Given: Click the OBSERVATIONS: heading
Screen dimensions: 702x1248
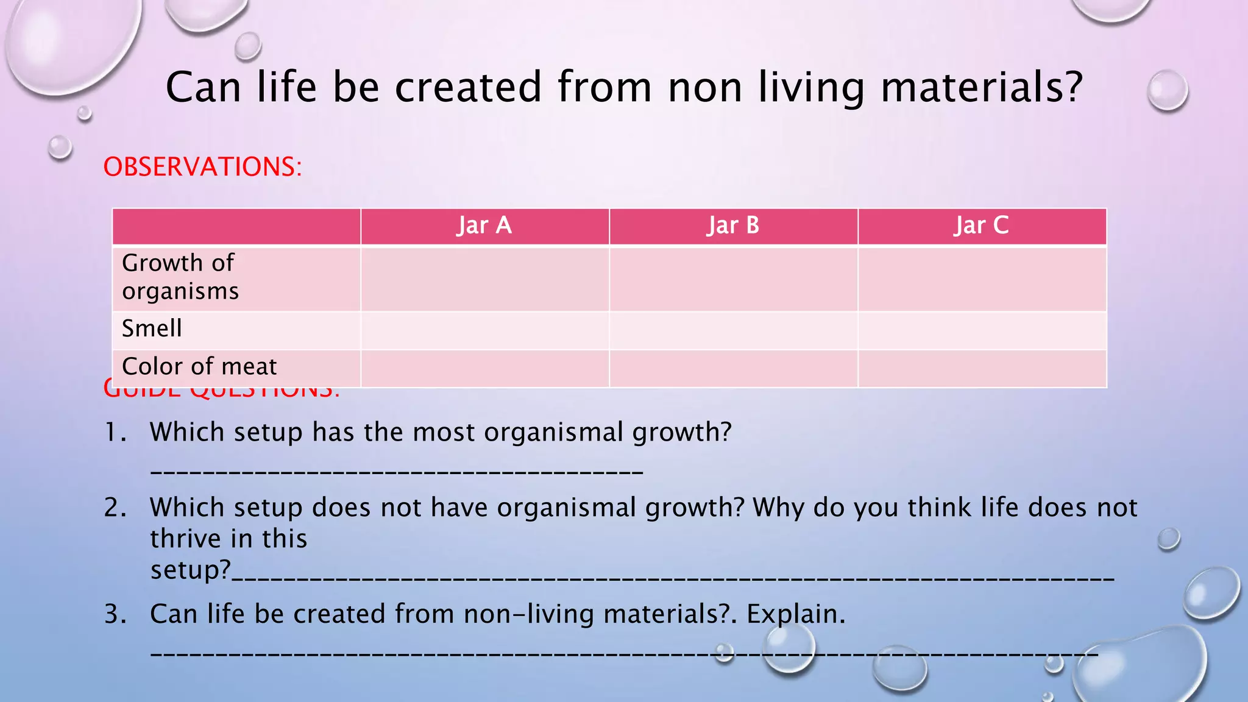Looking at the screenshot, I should click(202, 167).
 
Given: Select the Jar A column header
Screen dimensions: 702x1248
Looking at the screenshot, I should click(484, 226).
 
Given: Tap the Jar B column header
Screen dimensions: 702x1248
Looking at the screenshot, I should click(733, 226).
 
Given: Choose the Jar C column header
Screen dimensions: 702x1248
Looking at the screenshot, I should click(981, 226).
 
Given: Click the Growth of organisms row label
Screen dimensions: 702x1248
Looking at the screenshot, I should click(180, 277).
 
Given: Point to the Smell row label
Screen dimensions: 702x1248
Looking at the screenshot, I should click(152, 329).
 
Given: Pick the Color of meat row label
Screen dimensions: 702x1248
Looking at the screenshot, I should click(199, 367).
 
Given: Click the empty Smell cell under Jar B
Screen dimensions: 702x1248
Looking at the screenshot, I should click(733, 330).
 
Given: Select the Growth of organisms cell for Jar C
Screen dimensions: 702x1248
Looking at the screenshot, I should click(981, 278).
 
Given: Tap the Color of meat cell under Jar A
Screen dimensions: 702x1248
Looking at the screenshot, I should click(484, 368).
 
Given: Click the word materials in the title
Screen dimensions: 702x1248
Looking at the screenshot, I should click(982, 87).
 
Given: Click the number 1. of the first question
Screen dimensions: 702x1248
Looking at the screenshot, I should click(116, 433).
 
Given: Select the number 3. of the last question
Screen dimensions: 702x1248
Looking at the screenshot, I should click(116, 614).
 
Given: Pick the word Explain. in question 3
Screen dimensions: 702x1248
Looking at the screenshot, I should click(796, 614).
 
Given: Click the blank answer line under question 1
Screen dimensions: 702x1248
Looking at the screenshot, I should click(396, 471).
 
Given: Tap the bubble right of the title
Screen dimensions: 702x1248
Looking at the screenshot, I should click(1167, 91).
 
